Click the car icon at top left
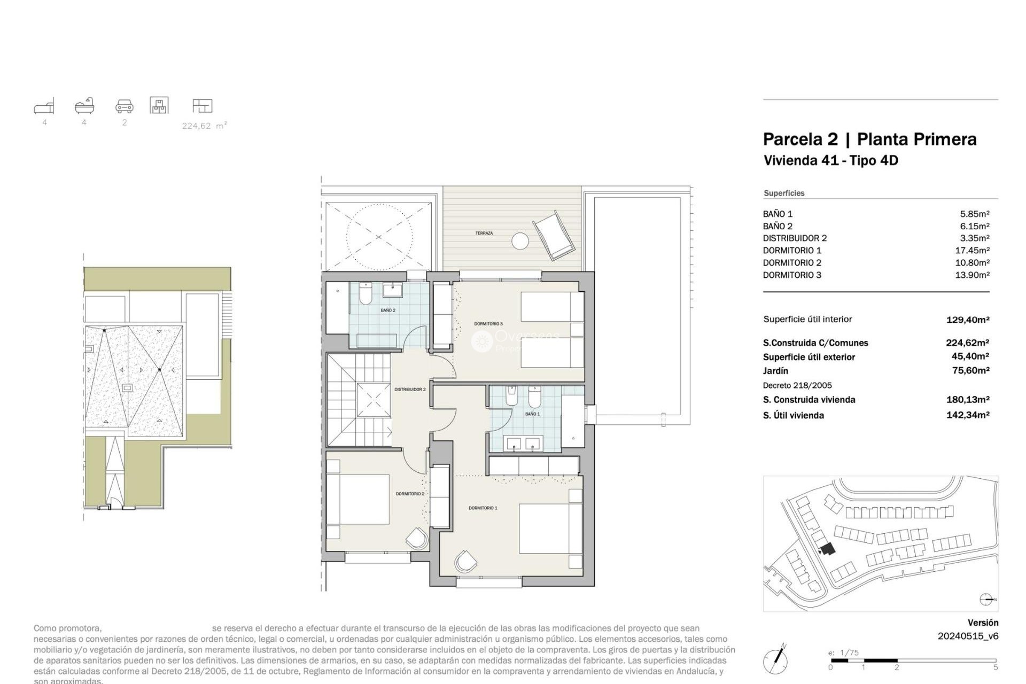click(125, 106)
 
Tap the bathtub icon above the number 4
click(84, 106)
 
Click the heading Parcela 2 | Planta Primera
click(869, 139)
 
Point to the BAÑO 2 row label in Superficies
click(778, 227)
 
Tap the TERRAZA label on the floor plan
click(484, 234)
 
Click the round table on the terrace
click(520, 242)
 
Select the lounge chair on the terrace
click(554, 235)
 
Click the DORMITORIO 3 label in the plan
click(488, 324)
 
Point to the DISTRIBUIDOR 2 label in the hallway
click(410, 390)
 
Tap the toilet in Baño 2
click(366, 294)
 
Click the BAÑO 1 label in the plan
click(532, 414)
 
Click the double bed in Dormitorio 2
click(358, 499)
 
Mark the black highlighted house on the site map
click(828, 549)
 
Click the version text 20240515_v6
click(967, 636)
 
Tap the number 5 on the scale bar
click(995, 667)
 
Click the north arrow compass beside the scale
click(775, 660)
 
